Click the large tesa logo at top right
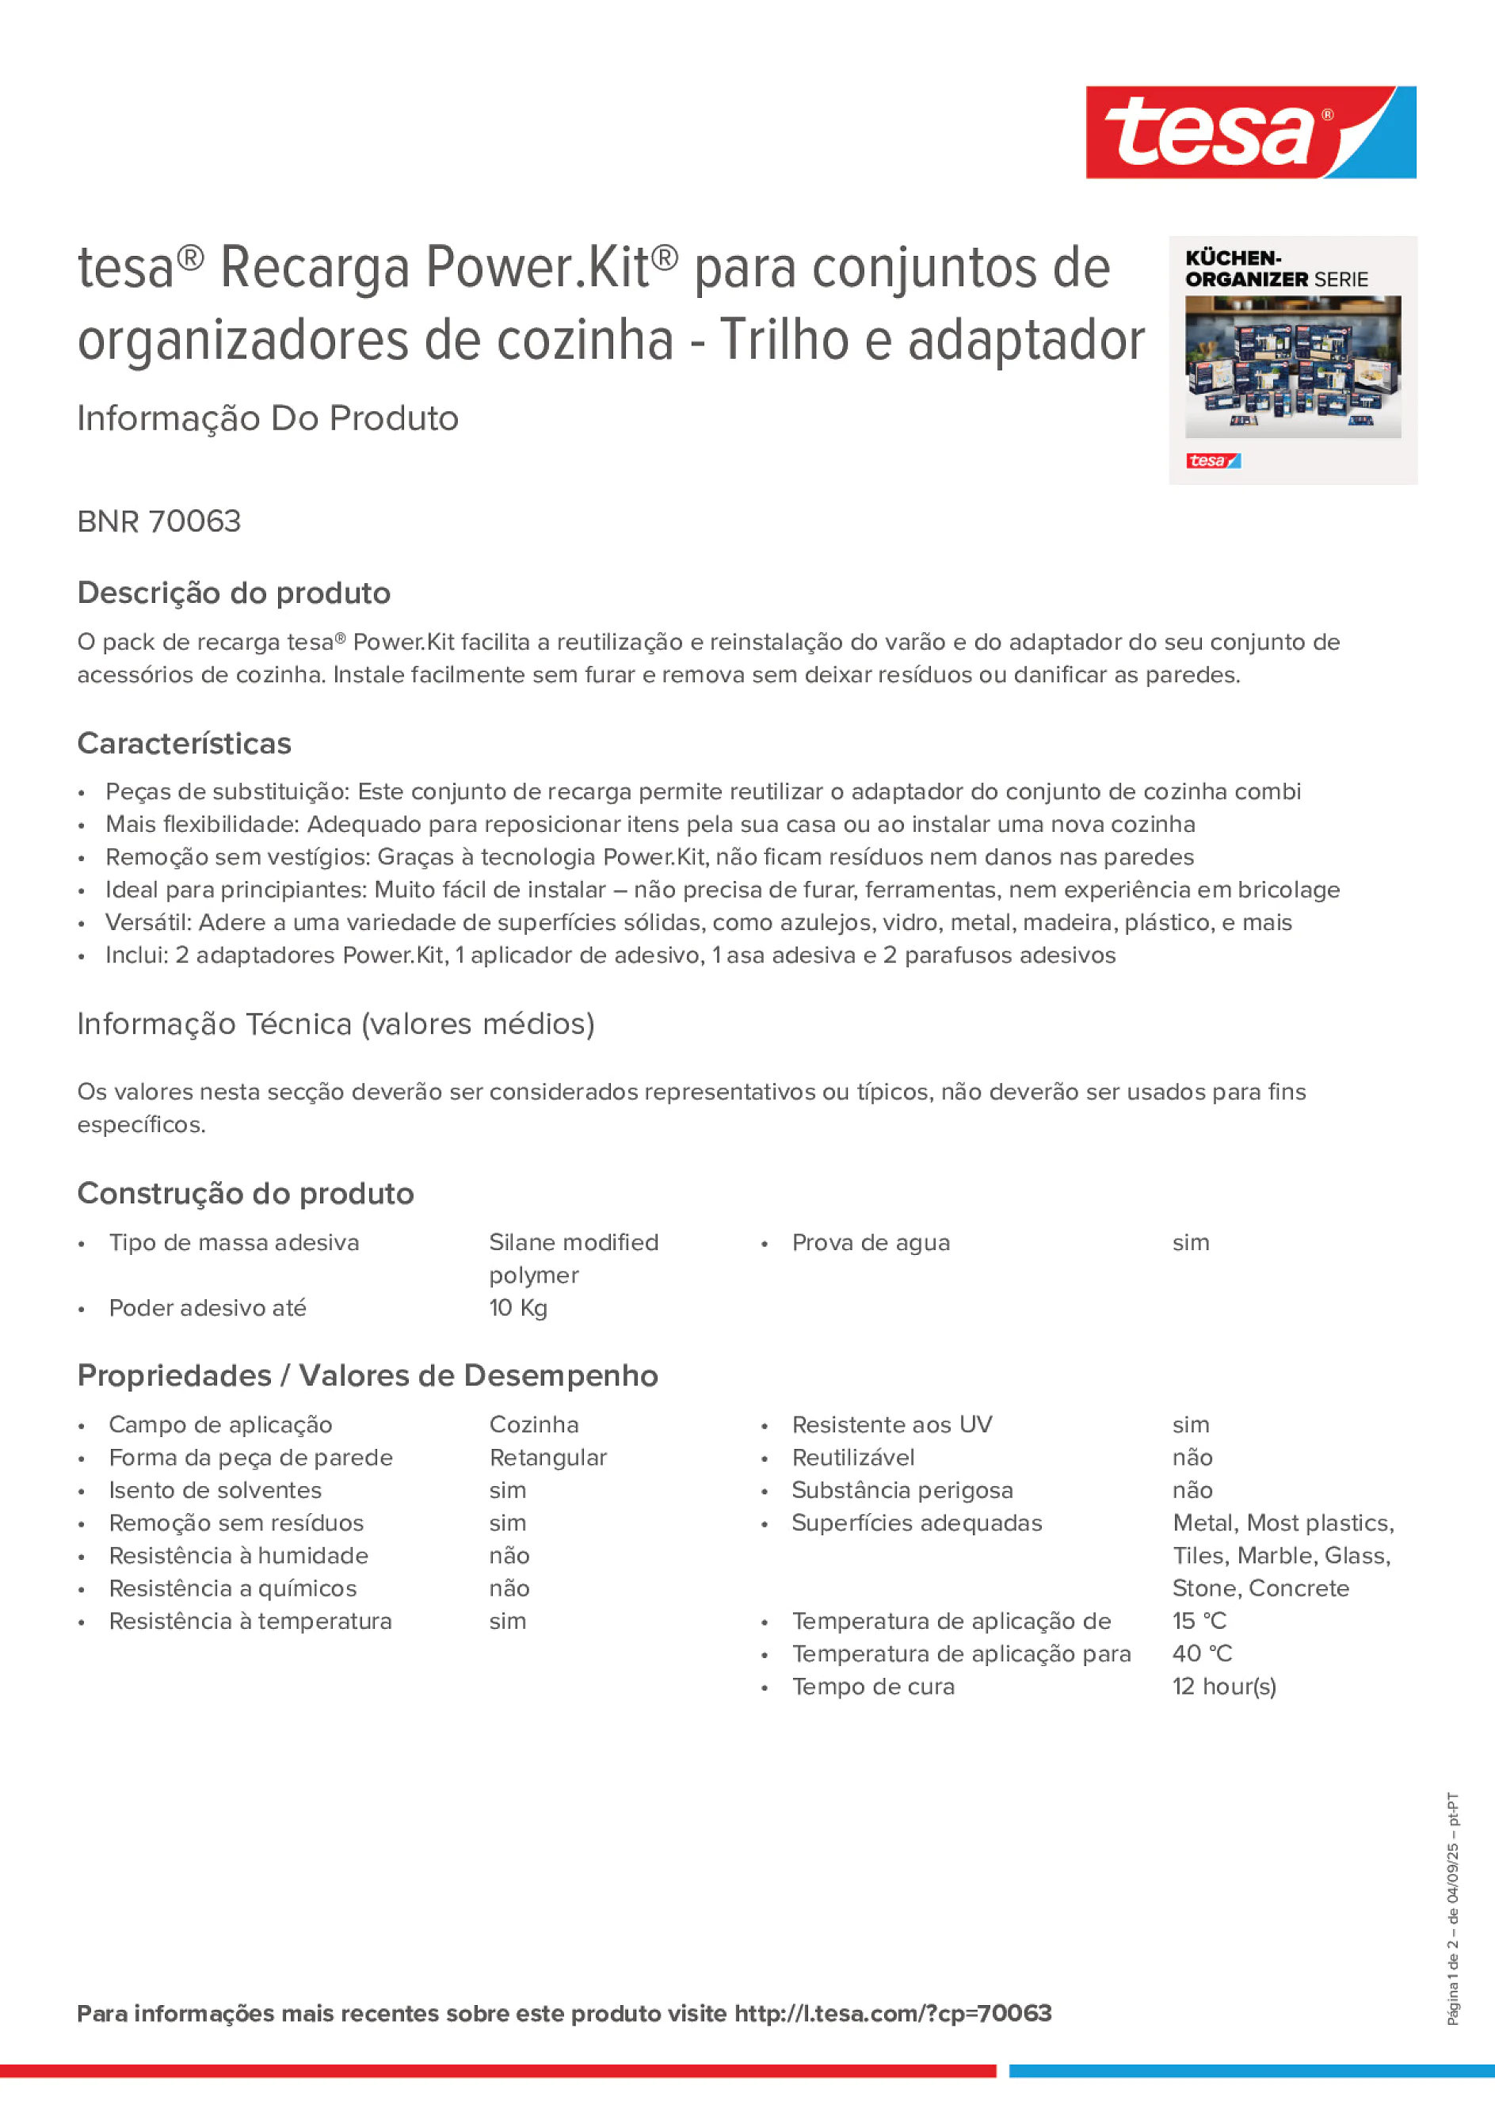(x=1250, y=132)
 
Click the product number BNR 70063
(x=158, y=521)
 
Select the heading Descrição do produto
(x=234, y=593)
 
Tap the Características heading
(x=185, y=743)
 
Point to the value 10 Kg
(x=518, y=1308)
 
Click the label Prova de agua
(x=870, y=1242)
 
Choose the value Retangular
(x=547, y=1457)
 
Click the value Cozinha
(x=534, y=1425)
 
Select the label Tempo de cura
(x=873, y=1687)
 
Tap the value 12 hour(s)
(x=1224, y=1687)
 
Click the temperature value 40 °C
(x=1202, y=1653)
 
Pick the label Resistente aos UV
(x=891, y=1425)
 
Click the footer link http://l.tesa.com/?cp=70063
(x=892, y=2013)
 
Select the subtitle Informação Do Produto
(x=267, y=418)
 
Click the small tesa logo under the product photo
(x=1213, y=461)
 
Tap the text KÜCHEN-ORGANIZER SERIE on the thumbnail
(x=1276, y=269)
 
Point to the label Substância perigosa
(x=902, y=1490)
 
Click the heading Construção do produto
(x=245, y=1194)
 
